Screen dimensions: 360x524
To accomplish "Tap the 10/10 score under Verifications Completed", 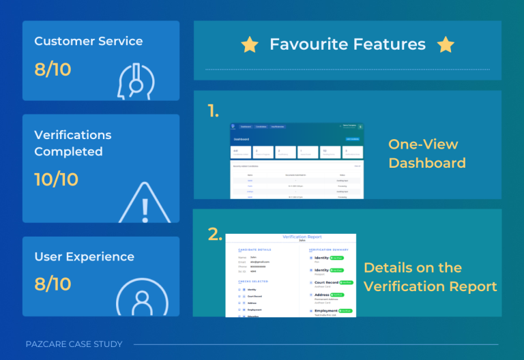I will click(x=56, y=179).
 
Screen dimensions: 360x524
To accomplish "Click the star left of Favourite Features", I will click(x=250, y=45).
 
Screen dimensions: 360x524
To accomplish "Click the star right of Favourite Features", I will click(x=446, y=45).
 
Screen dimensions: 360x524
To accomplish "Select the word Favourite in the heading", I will click(x=306, y=45).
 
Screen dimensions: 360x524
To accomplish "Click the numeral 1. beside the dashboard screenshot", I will click(x=214, y=112).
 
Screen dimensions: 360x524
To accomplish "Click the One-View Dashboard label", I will click(x=426, y=153).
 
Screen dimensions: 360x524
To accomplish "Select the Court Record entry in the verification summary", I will click(x=325, y=282).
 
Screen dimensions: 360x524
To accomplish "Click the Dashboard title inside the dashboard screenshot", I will click(x=241, y=139).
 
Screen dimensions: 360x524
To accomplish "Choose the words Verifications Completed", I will click(x=72, y=142).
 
